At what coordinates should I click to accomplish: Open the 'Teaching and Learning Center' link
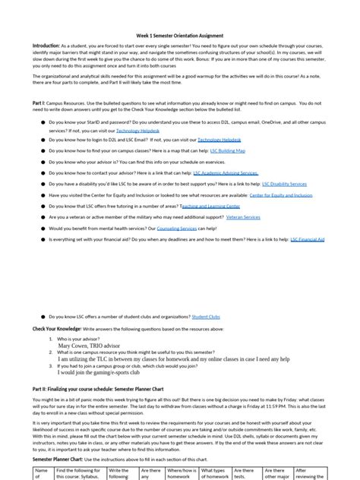click(210, 206)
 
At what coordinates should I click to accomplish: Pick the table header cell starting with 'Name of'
click(43, 473)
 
